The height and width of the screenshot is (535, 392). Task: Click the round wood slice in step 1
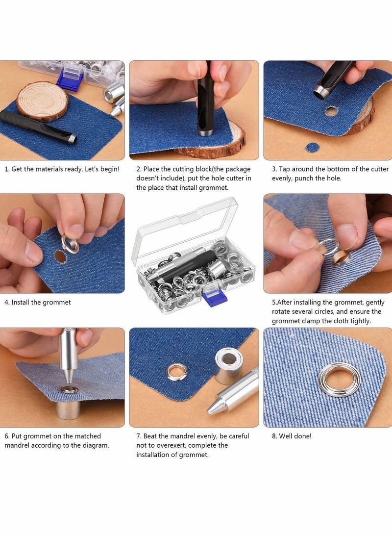42,101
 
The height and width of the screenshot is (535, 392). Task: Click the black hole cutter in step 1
38,127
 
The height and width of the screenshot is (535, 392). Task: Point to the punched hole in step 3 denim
331,111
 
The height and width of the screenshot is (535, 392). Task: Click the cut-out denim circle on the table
312,148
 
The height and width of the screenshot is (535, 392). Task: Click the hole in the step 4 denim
60,256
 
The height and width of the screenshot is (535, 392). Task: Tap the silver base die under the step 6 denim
68,410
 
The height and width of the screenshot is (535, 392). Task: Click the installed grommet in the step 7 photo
176,372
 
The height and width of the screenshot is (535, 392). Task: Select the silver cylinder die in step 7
229,365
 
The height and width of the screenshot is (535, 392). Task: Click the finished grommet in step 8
340,380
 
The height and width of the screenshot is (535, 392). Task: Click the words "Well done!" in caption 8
295,436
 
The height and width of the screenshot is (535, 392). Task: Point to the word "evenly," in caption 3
282,178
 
